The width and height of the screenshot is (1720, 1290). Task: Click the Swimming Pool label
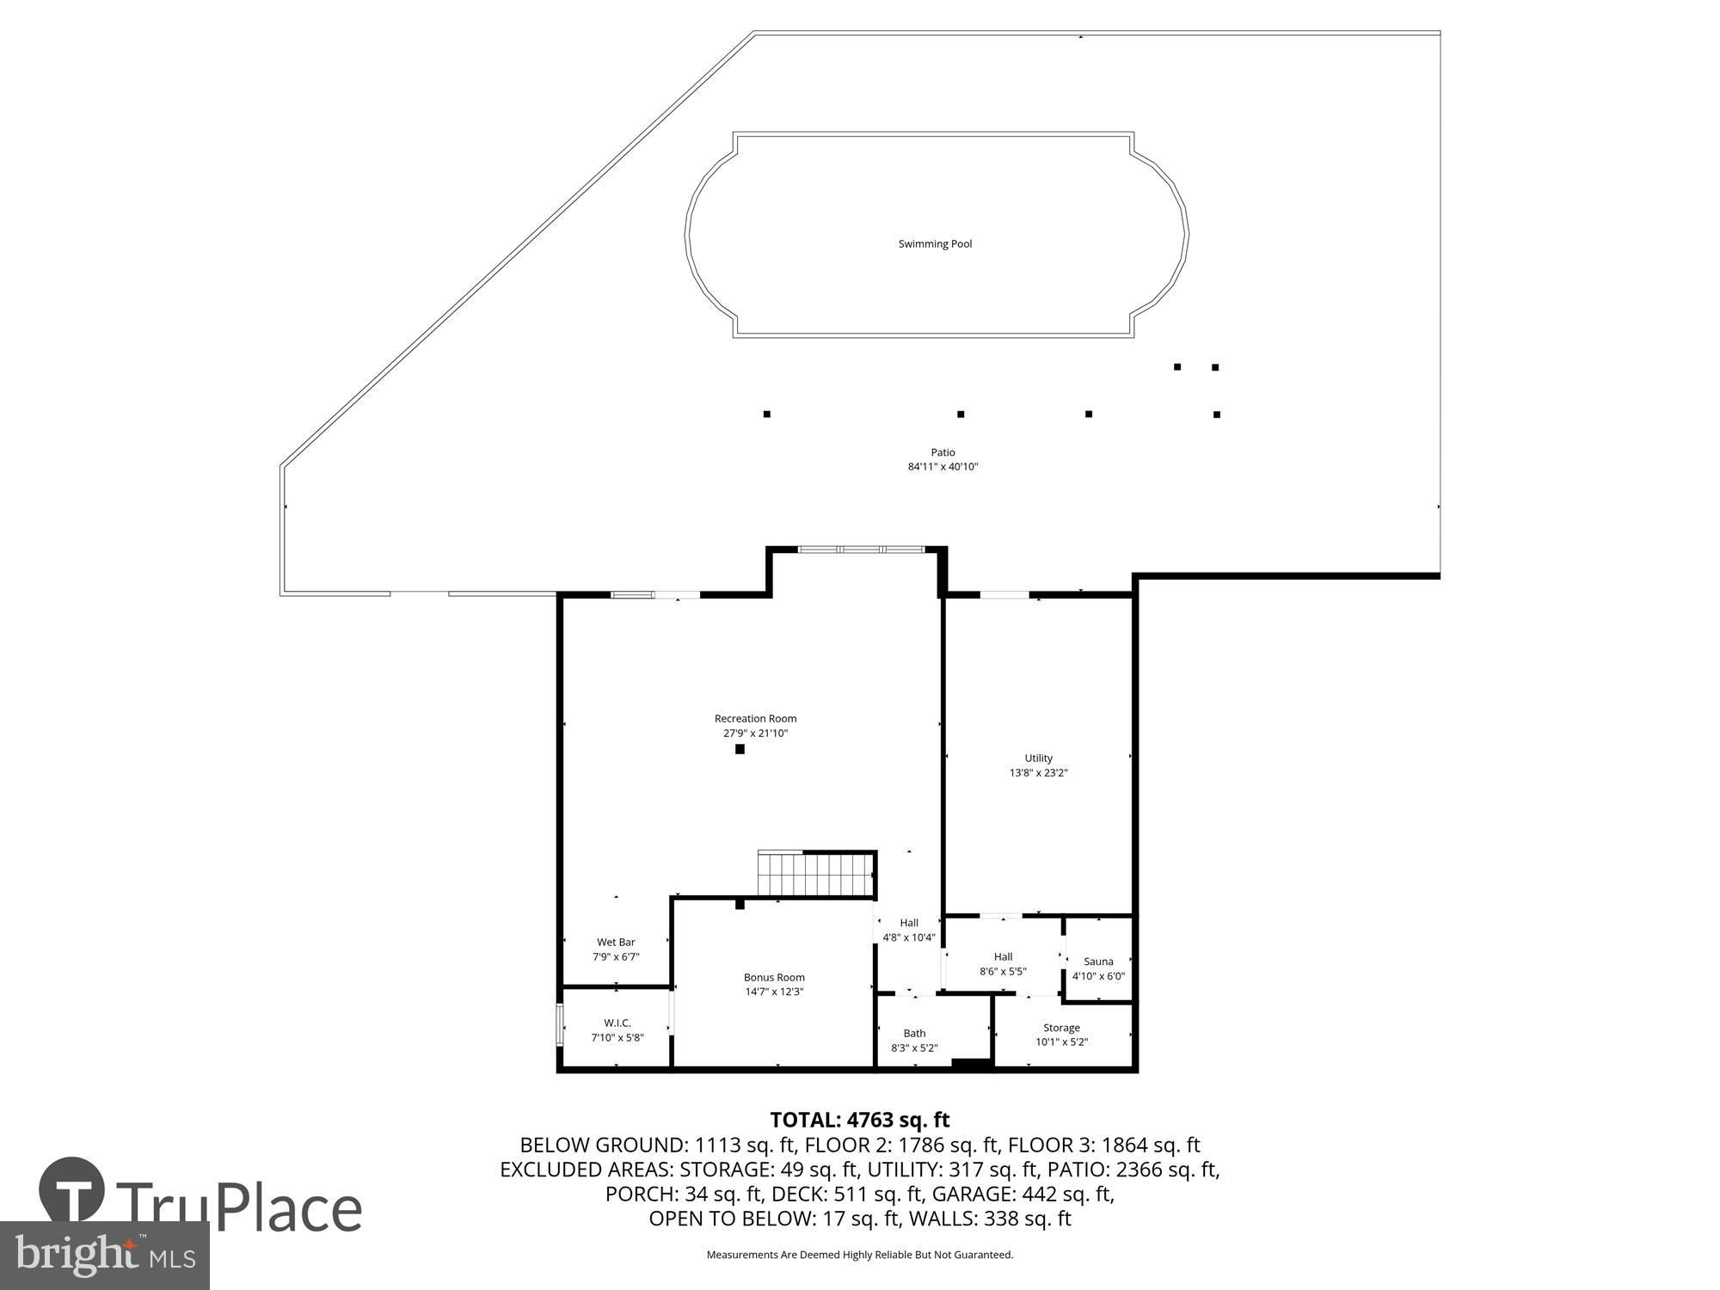click(x=935, y=244)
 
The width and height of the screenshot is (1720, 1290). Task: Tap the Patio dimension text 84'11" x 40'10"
click(x=943, y=467)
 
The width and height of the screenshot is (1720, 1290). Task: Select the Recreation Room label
click(x=755, y=719)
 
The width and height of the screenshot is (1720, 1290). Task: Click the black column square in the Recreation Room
click(x=740, y=749)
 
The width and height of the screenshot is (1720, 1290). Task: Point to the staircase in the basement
click(x=816, y=875)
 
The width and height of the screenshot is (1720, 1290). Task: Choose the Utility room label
click(x=1038, y=759)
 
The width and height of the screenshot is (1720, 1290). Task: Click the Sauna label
click(x=1098, y=961)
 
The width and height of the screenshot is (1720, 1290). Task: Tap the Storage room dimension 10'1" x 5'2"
click(x=1061, y=1042)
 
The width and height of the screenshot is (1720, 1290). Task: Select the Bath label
click(x=914, y=1034)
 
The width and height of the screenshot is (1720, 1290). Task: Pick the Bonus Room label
click(x=774, y=977)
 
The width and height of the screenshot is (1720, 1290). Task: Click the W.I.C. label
click(x=617, y=1023)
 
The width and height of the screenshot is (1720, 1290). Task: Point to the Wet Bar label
click(x=616, y=943)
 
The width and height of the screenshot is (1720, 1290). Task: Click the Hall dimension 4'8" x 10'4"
click(x=908, y=937)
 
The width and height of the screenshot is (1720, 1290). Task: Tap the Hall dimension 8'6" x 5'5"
click(x=1003, y=972)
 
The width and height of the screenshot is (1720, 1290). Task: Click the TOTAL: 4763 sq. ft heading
click(x=859, y=1120)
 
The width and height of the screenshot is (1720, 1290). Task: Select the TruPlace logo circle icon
click(x=71, y=1190)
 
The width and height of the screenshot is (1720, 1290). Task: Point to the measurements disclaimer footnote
click(x=860, y=1255)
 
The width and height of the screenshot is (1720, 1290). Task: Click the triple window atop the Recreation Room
click(x=861, y=549)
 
